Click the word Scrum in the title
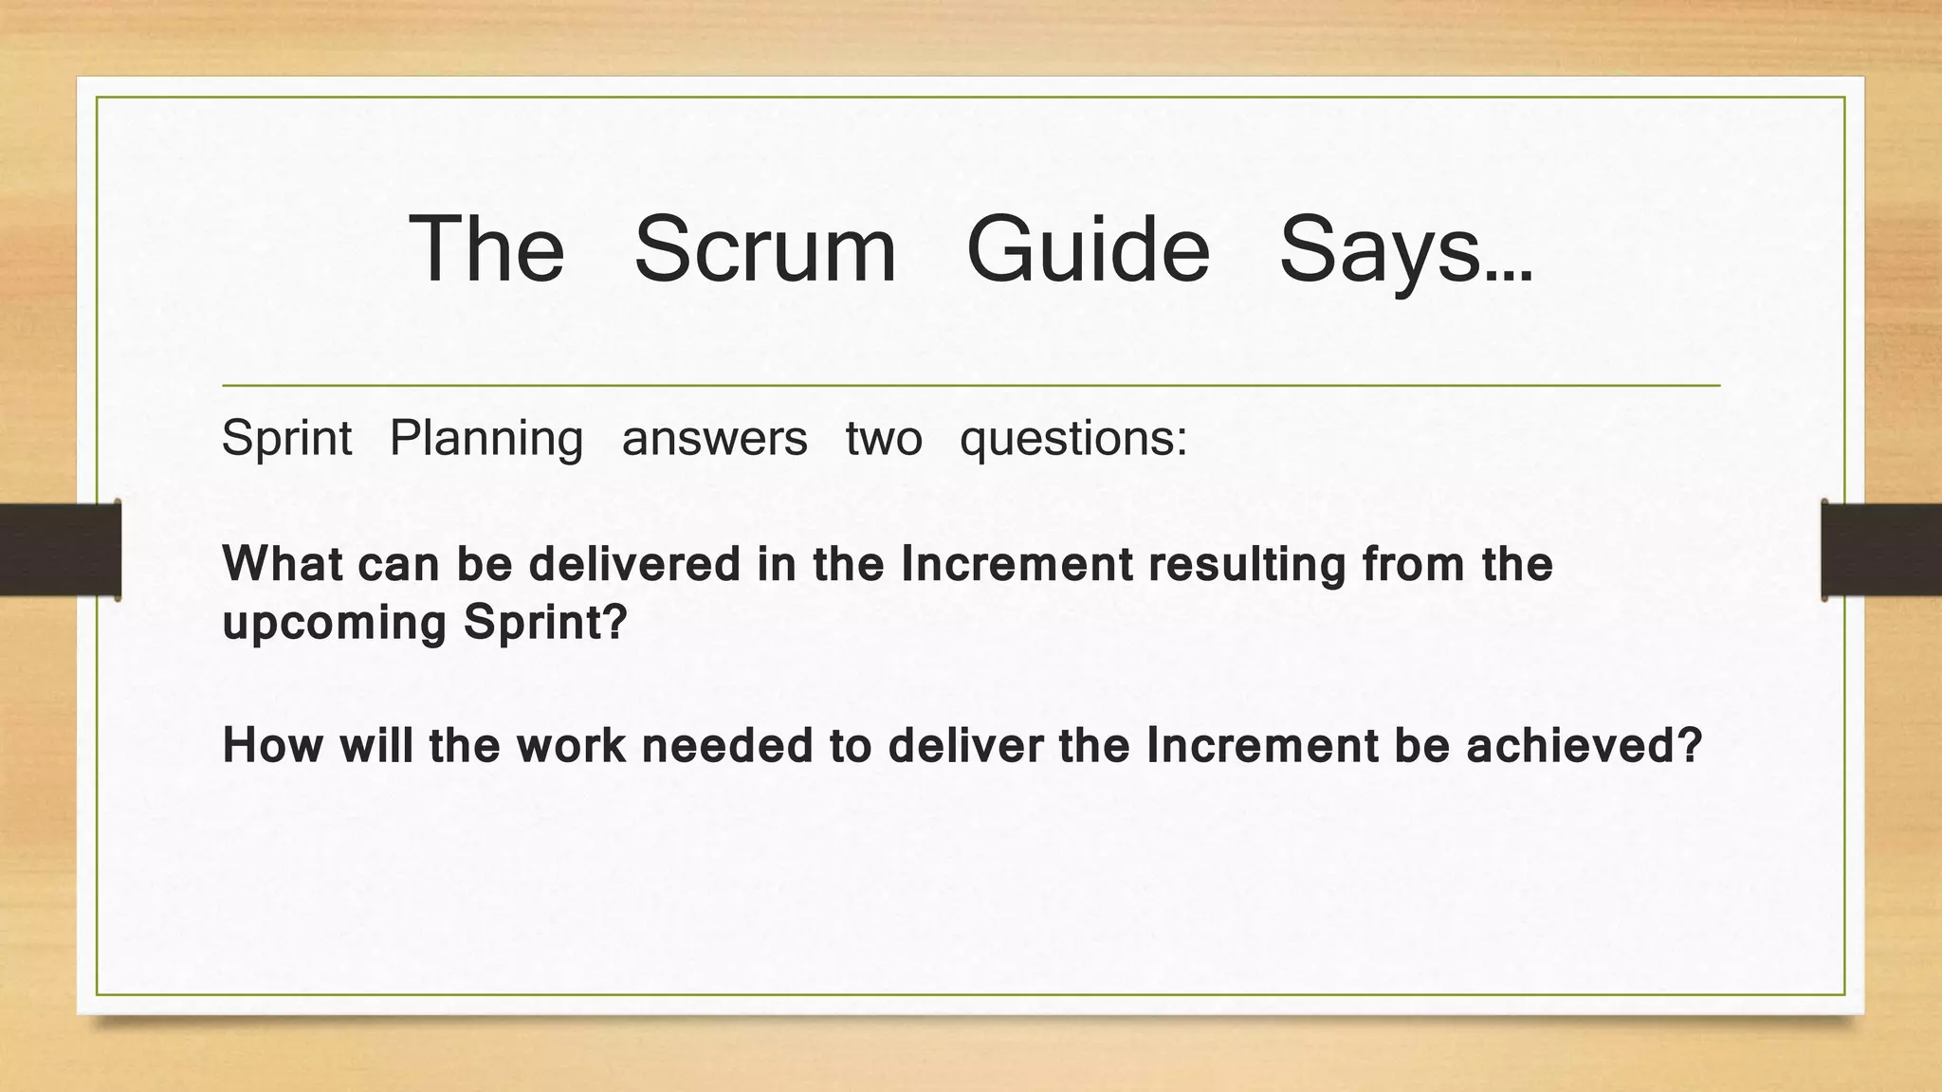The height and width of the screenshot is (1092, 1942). [x=764, y=249]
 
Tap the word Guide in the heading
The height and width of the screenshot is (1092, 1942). [x=1088, y=249]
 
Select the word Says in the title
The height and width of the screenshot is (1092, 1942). [x=1404, y=249]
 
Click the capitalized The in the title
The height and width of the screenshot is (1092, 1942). [x=486, y=249]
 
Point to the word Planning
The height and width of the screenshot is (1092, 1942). [x=486, y=439]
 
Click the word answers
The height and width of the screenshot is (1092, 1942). [x=714, y=439]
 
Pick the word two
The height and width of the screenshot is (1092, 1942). [x=884, y=439]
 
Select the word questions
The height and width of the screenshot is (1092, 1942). [x=1072, y=439]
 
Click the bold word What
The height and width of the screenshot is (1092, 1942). [x=283, y=564]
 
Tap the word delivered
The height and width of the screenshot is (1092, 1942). [x=634, y=564]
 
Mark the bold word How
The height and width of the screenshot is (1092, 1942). [x=273, y=745]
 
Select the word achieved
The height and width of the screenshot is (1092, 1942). [x=1584, y=745]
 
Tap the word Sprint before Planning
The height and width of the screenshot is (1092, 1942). [x=286, y=439]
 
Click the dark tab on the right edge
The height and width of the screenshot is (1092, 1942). [x=1881, y=550]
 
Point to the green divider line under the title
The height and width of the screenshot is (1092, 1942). [x=971, y=386]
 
